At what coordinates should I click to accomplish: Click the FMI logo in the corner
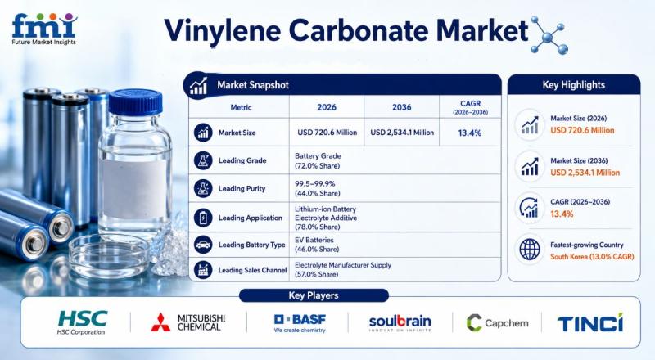[x=44, y=29]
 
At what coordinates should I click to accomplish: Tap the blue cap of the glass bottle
[x=135, y=101]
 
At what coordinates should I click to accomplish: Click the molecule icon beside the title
[x=548, y=35]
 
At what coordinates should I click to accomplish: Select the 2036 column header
[x=401, y=107]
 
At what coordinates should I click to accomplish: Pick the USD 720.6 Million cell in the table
[x=327, y=133]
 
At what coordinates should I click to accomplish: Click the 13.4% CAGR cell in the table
[x=469, y=133]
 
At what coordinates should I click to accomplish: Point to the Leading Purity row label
[x=242, y=188]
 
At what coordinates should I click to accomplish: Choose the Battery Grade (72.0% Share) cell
[x=318, y=161]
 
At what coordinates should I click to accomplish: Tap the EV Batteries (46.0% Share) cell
[x=317, y=245]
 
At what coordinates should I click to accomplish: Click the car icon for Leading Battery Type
[x=203, y=245]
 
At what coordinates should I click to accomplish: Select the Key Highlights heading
[x=574, y=85]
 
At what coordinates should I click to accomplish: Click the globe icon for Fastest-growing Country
[x=529, y=250]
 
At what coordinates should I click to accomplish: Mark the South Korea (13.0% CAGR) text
[x=592, y=256]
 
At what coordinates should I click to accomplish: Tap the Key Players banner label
[x=314, y=295]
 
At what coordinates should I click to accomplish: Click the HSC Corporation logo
[x=82, y=323]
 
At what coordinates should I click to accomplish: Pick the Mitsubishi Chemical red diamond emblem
[x=160, y=322]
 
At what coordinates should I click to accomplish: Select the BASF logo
[x=300, y=323]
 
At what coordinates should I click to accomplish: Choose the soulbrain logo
[x=400, y=323]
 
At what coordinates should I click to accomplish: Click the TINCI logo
[x=589, y=322]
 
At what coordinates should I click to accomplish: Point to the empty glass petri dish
[x=109, y=254]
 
